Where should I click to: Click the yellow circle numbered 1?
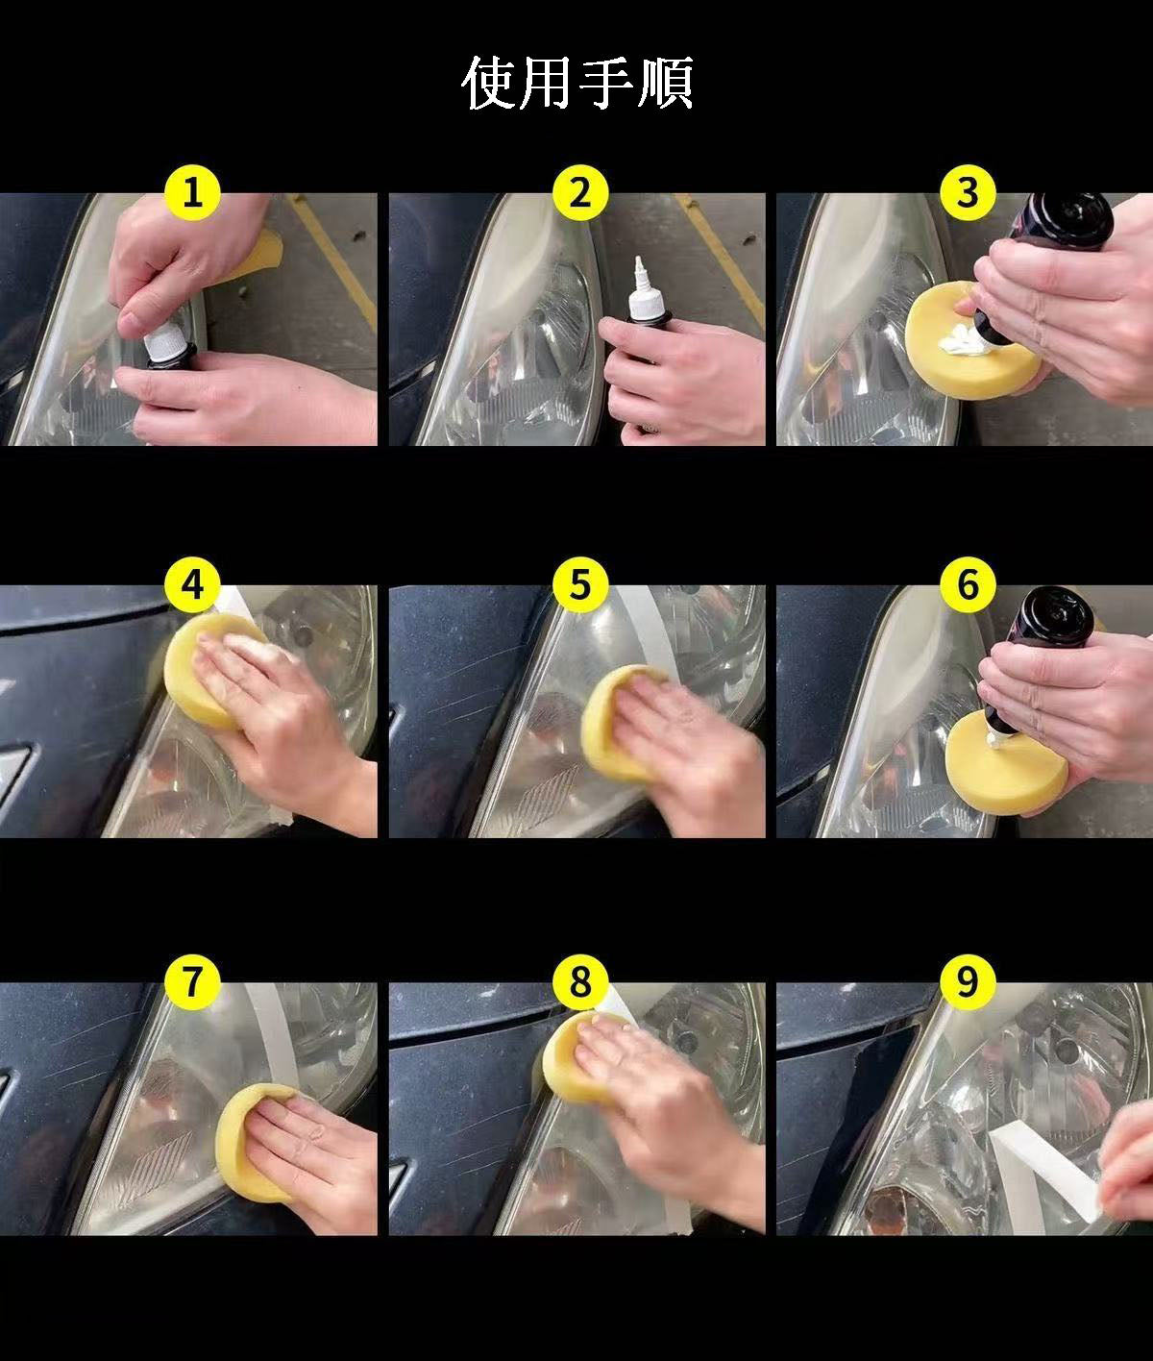[191, 193]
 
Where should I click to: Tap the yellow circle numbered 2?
[579, 193]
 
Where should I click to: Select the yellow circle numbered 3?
[967, 193]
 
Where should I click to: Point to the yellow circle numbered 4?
[191, 584]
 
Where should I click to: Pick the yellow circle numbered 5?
[579, 584]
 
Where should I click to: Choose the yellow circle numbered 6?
[967, 584]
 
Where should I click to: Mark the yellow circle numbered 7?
[191, 981]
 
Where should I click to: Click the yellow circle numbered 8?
[579, 981]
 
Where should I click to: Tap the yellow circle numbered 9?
[967, 981]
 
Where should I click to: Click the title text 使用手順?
[577, 83]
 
